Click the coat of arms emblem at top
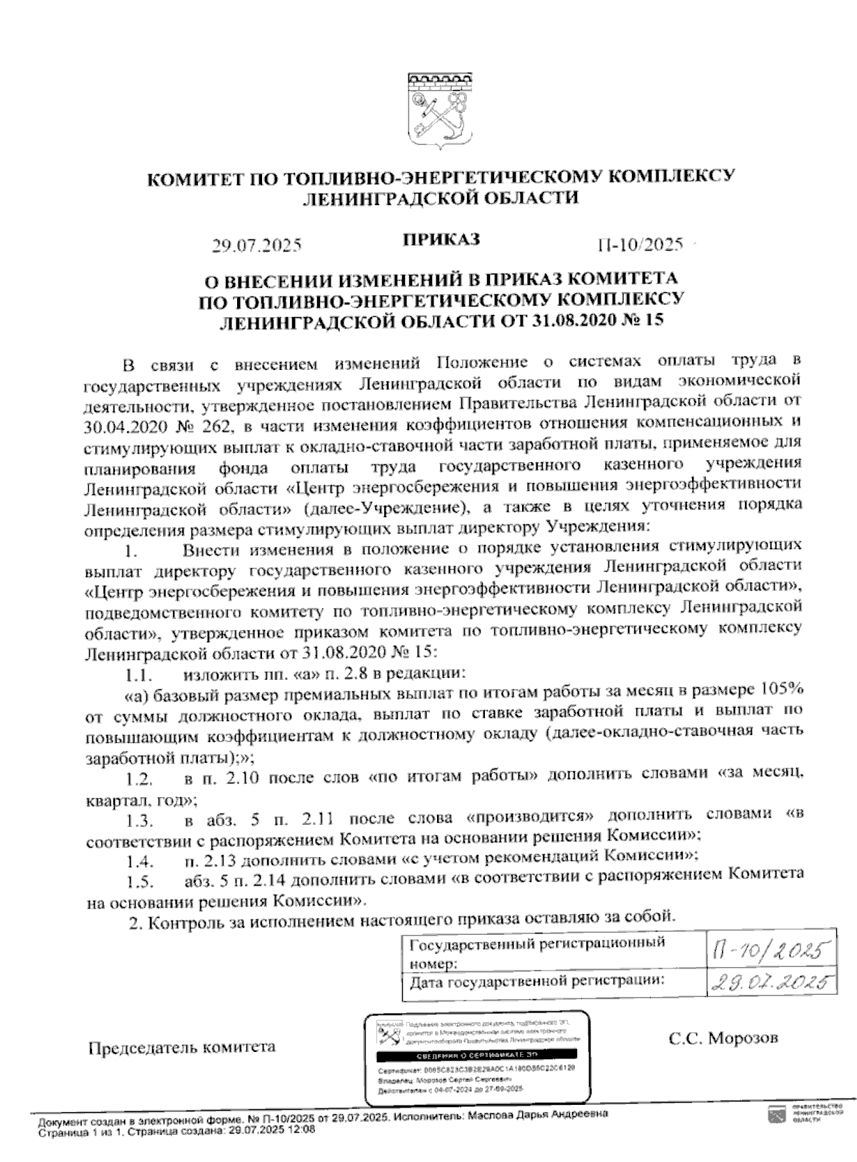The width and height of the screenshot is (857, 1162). coord(437,111)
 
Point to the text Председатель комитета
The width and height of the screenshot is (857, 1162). coord(181,1048)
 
